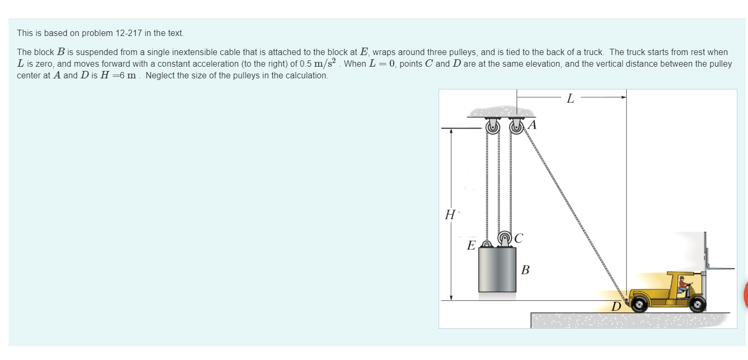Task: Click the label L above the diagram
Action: point(570,98)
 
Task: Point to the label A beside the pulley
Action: point(532,125)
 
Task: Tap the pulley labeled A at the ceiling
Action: point(516,127)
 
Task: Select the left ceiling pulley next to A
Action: point(492,127)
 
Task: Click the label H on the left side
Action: point(450,215)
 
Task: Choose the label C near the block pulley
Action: point(518,239)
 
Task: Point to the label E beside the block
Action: point(470,246)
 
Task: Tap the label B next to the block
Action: point(525,271)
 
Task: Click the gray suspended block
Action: point(497,269)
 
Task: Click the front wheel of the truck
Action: point(698,303)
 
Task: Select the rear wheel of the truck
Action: point(639,303)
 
